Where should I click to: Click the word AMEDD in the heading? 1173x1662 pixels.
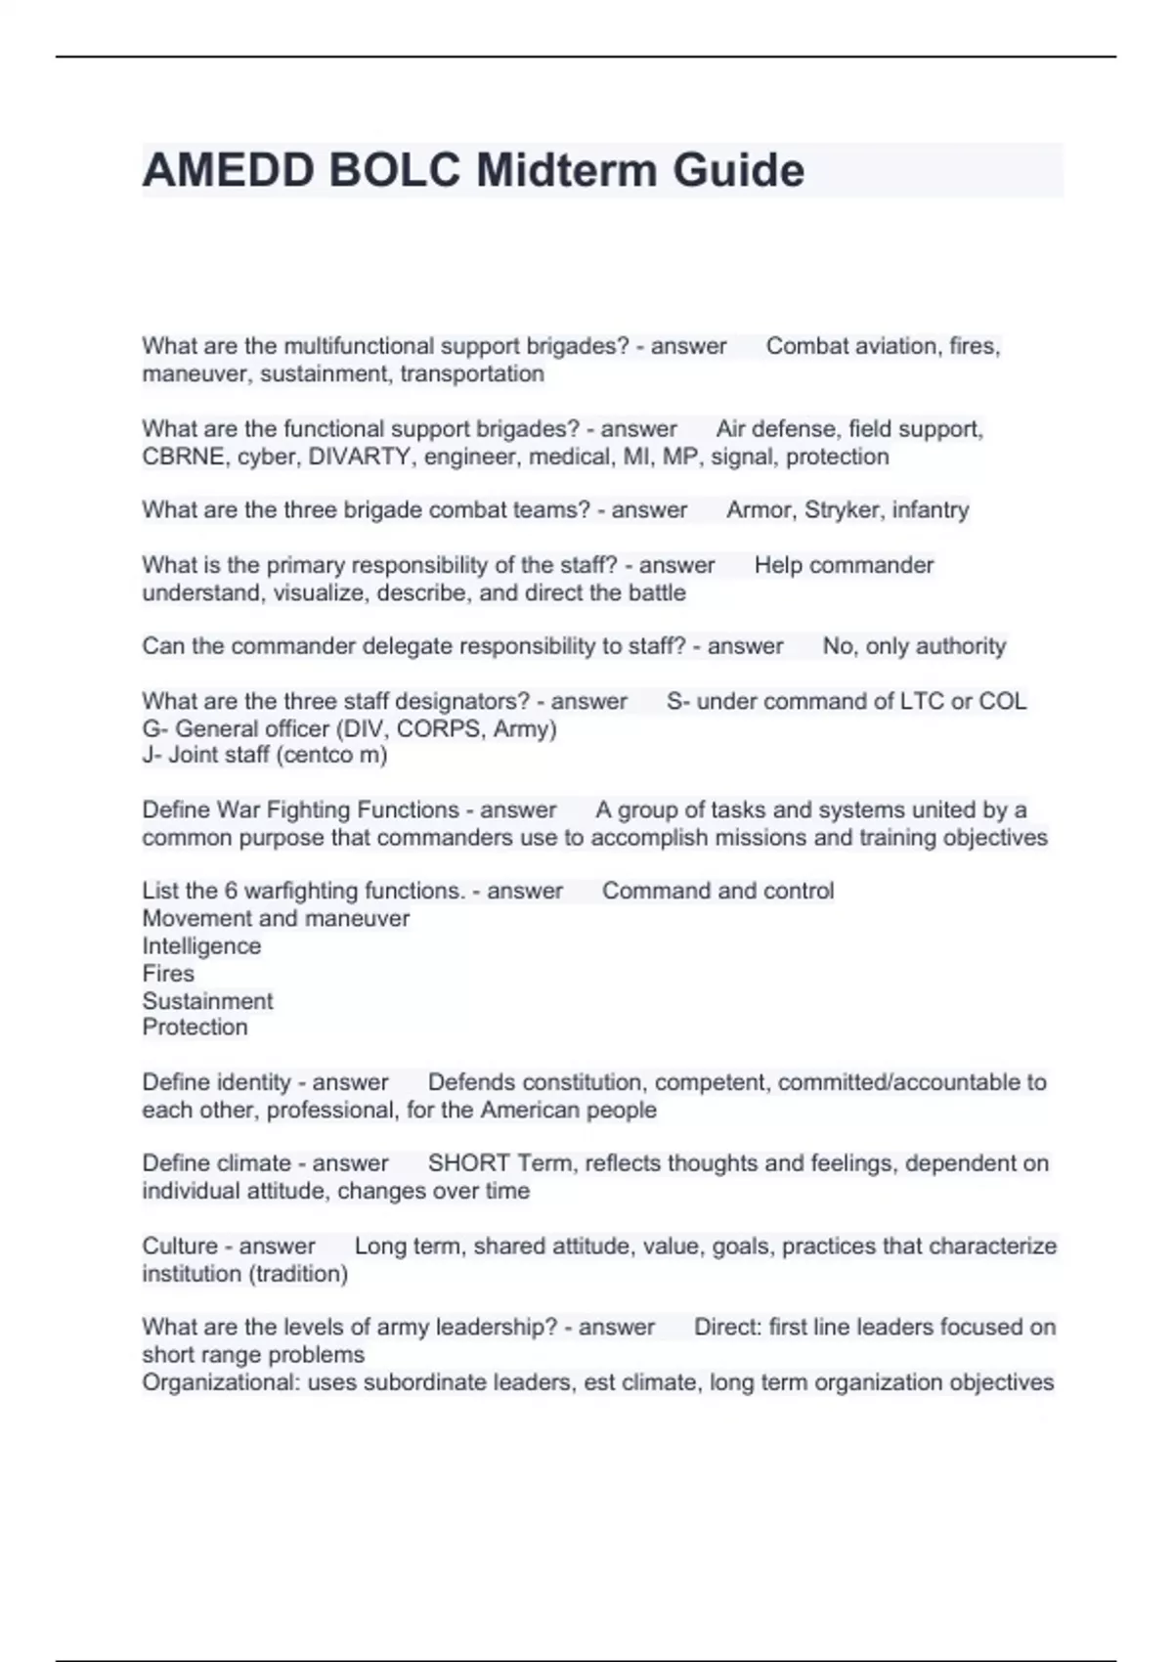[x=230, y=170]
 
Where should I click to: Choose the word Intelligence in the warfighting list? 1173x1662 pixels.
[x=201, y=945]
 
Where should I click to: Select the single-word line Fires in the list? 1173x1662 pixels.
[x=168, y=973]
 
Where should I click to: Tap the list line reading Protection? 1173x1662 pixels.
[x=195, y=1027]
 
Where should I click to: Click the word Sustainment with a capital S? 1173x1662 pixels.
[x=207, y=1000]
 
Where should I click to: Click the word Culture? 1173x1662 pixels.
[x=177, y=1246]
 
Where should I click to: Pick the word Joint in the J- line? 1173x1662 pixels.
[x=194, y=755]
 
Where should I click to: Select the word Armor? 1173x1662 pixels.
[x=759, y=509]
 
